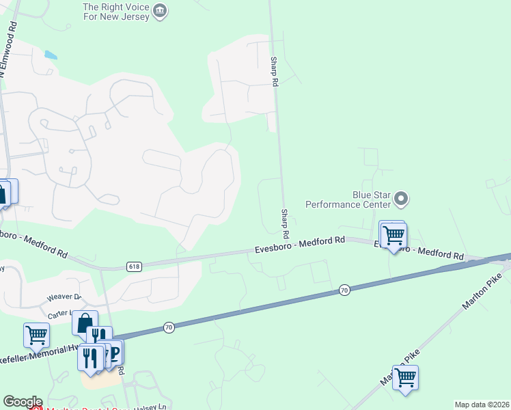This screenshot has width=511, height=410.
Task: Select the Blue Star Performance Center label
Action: [x=348, y=199]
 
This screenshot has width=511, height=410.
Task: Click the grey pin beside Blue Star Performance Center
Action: [x=401, y=200]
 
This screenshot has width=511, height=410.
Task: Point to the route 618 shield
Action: [x=134, y=266]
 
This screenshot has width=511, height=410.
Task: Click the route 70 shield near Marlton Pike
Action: [x=344, y=290]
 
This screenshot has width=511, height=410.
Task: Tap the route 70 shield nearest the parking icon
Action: [x=169, y=328]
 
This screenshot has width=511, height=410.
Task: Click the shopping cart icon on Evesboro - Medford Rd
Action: [x=393, y=235]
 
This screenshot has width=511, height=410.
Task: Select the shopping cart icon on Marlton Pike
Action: [x=405, y=377]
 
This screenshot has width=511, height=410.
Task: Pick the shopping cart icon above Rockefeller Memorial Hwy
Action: [x=36, y=336]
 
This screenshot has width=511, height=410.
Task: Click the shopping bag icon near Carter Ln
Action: [x=85, y=323]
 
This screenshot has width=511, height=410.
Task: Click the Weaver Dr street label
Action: [x=64, y=298]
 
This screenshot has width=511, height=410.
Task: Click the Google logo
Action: [x=23, y=402]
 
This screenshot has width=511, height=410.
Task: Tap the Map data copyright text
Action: [x=481, y=405]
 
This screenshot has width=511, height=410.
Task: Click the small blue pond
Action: [x=51, y=55]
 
